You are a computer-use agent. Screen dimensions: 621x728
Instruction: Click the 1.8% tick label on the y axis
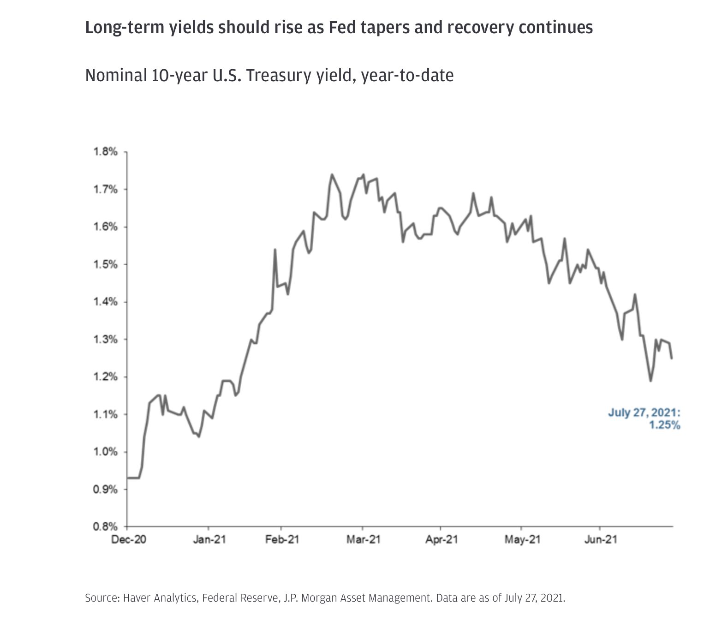click(106, 152)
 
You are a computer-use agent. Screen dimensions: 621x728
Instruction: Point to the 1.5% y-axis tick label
click(106, 264)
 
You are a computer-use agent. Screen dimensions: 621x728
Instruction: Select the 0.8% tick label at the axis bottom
click(106, 526)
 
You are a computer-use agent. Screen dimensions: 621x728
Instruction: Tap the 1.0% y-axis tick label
click(106, 452)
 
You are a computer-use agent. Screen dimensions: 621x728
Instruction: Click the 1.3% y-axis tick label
click(106, 340)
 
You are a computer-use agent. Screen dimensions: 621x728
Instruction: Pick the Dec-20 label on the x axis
click(129, 539)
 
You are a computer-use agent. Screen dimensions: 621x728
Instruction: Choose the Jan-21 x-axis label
click(209, 539)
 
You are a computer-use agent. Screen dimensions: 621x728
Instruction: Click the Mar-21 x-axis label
click(364, 539)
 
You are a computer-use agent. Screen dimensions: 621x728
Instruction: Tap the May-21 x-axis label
click(522, 539)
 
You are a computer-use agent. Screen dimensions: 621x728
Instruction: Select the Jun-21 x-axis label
click(600, 539)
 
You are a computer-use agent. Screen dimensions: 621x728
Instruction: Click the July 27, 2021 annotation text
click(644, 412)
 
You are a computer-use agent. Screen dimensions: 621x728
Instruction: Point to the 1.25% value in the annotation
click(665, 425)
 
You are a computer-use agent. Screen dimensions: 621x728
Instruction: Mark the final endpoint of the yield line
click(671, 358)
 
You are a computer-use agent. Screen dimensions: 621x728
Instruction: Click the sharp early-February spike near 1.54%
click(275, 250)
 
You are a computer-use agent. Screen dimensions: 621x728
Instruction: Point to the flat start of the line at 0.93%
click(133, 478)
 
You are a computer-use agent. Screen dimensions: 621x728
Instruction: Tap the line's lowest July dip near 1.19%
click(650, 381)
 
